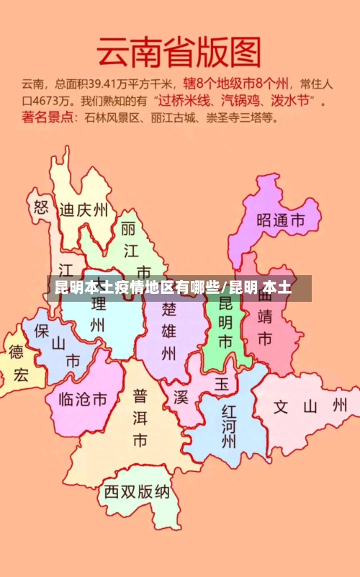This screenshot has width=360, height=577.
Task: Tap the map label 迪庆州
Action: pos(84,210)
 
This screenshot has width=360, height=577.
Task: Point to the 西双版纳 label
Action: pos(137,492)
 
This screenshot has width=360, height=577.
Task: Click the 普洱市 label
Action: pos(140,417)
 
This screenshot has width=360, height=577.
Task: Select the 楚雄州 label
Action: pos(168,331)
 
